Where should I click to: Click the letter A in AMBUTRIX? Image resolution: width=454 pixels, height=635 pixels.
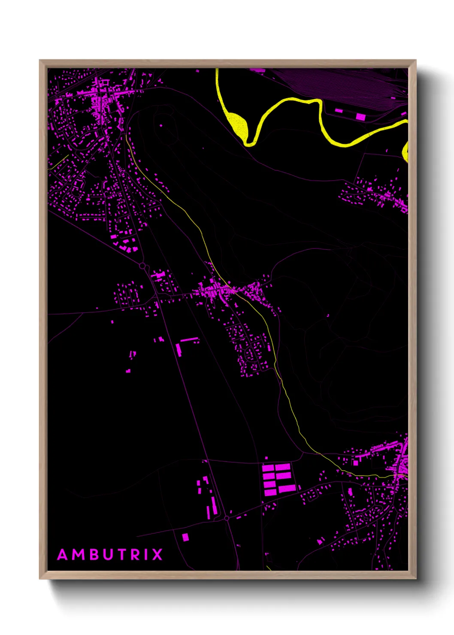point(63,555)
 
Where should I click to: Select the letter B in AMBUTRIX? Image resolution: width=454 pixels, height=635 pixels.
point(94,555)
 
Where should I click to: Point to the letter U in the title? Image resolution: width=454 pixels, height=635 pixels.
point(107,555)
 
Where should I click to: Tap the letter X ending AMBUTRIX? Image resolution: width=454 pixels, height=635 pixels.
point(157,555)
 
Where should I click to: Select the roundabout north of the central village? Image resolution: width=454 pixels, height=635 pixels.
point(142,266)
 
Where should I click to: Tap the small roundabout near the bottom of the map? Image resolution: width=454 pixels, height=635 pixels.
point(227,518)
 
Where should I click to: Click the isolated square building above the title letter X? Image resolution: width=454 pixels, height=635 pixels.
point(185,537)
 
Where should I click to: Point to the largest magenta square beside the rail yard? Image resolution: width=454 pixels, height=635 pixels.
point(360,116)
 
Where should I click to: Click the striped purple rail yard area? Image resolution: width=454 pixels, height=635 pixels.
point(343,86)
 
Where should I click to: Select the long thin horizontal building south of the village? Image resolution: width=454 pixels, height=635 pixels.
point(189,340)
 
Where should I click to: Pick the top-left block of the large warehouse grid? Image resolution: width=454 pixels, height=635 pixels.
point(268,467)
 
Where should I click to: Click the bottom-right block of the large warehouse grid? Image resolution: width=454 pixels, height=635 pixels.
point(287,489)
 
